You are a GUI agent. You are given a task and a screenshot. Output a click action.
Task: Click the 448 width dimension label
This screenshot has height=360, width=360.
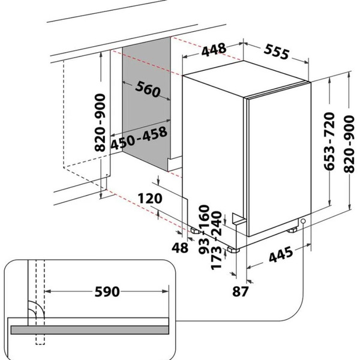pyautogui.click(x=214, y=49)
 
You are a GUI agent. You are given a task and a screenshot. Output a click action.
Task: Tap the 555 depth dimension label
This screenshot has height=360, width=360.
pyautogui.click(x=277, y=52)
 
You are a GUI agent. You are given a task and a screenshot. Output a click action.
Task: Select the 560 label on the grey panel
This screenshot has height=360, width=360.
pyautogui.click(x=148, y=89)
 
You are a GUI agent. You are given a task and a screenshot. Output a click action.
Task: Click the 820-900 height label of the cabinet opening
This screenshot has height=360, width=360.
pyautogui.click(x=100, y=122)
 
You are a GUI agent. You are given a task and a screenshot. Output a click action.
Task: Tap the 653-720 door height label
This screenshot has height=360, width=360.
pyautogui.click(x=329, y=141)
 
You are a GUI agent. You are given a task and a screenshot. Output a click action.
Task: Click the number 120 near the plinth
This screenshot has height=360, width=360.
pyautogui.click(x=150, y=199)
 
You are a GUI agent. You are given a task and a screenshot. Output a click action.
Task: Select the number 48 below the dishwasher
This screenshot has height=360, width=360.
pyautogui.click(x=180, y=248)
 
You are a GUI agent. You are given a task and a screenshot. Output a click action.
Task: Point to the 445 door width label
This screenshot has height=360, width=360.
pyautogui.click(x=281, y=254)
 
